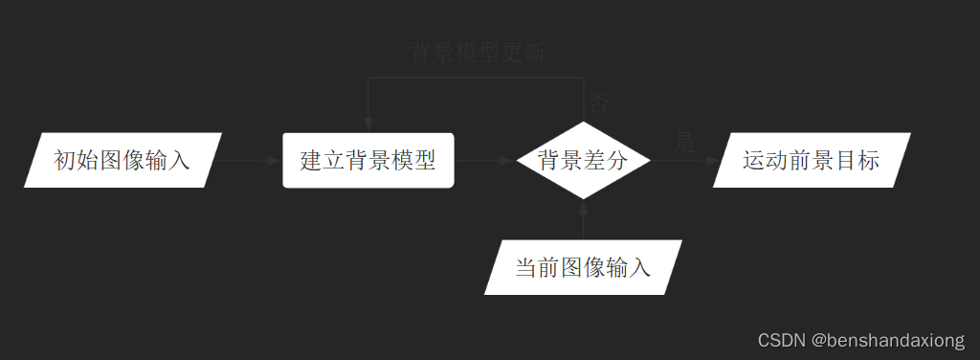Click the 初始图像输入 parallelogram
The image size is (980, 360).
pos(122,160)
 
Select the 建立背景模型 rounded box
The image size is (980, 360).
pos(368,160)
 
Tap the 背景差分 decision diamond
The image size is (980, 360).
pos(583,160)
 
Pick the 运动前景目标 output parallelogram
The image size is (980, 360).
pos(812,160)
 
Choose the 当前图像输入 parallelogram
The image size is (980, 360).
pos(583,267)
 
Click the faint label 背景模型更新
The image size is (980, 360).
pos(477,52)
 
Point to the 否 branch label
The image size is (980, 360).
pos(598,102)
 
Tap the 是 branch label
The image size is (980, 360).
pos(685,143)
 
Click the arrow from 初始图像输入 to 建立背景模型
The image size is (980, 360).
pos(250,161)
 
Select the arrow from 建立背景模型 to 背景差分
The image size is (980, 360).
pos(484,161)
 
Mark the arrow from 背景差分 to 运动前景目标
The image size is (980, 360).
pos(683,161)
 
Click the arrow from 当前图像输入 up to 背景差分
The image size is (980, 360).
pos(584,220)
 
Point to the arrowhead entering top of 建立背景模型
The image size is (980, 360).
pos(368,125)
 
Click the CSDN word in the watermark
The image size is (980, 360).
pos(781,340)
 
